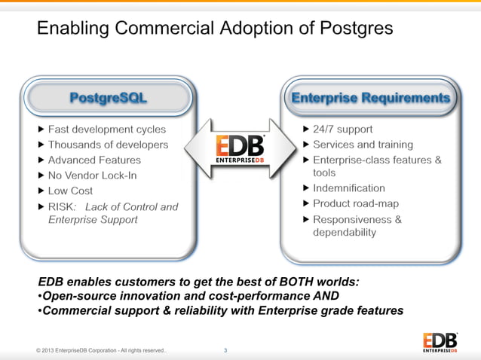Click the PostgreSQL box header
click(108, 98)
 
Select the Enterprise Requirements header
click(370, 98)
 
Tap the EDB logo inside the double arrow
click(240, 148)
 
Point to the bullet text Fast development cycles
click(107, 129)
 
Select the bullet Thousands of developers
click(108, 144)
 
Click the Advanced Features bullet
click(94, 160)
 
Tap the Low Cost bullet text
click(71, 191)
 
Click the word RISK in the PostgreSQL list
click(62, 206)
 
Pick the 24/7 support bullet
click(342, 129)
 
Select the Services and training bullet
click(363, 144)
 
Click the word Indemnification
click(348, 188)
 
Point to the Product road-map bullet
click(356, 203)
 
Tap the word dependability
click(345, 233)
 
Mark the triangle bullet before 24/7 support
click(305, 129)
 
